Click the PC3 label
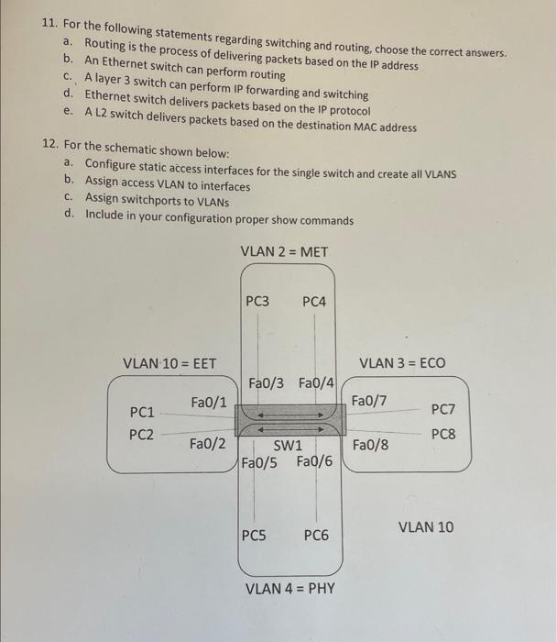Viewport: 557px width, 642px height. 257,301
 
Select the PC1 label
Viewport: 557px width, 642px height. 142,412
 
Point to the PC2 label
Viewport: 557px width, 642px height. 141,434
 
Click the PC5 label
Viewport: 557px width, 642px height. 255,535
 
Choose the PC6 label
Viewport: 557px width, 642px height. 316,535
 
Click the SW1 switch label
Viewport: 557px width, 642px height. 289,445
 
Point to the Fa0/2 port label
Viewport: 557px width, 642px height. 207,444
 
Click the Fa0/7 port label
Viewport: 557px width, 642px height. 369,400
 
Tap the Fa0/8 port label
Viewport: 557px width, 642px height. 370,445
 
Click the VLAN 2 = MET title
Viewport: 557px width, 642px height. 284,251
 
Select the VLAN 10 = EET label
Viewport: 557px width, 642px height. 169,364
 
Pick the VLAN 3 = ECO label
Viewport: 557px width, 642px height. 403,363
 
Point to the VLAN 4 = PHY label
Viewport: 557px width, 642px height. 290,588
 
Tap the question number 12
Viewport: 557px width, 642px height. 53,145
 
